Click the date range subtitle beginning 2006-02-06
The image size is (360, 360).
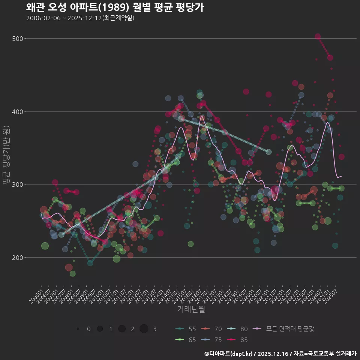point(80,18)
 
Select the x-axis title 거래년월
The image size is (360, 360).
point(191,309)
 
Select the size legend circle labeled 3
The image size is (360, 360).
point(144,329)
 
